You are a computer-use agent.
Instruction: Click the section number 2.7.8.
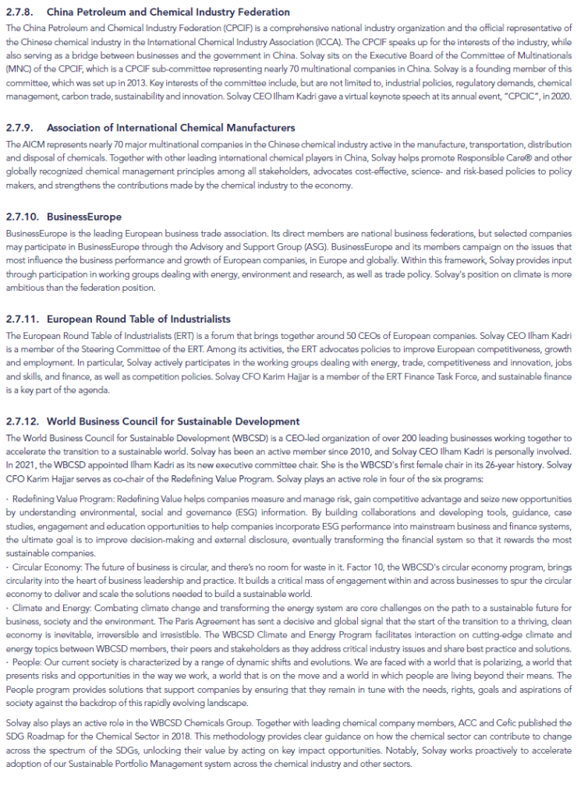coord(19,12)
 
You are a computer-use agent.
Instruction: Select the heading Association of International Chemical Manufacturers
coord(171,127)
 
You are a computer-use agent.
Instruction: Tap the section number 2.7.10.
coord(22,216)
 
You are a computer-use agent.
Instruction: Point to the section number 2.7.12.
coord(22,422)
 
